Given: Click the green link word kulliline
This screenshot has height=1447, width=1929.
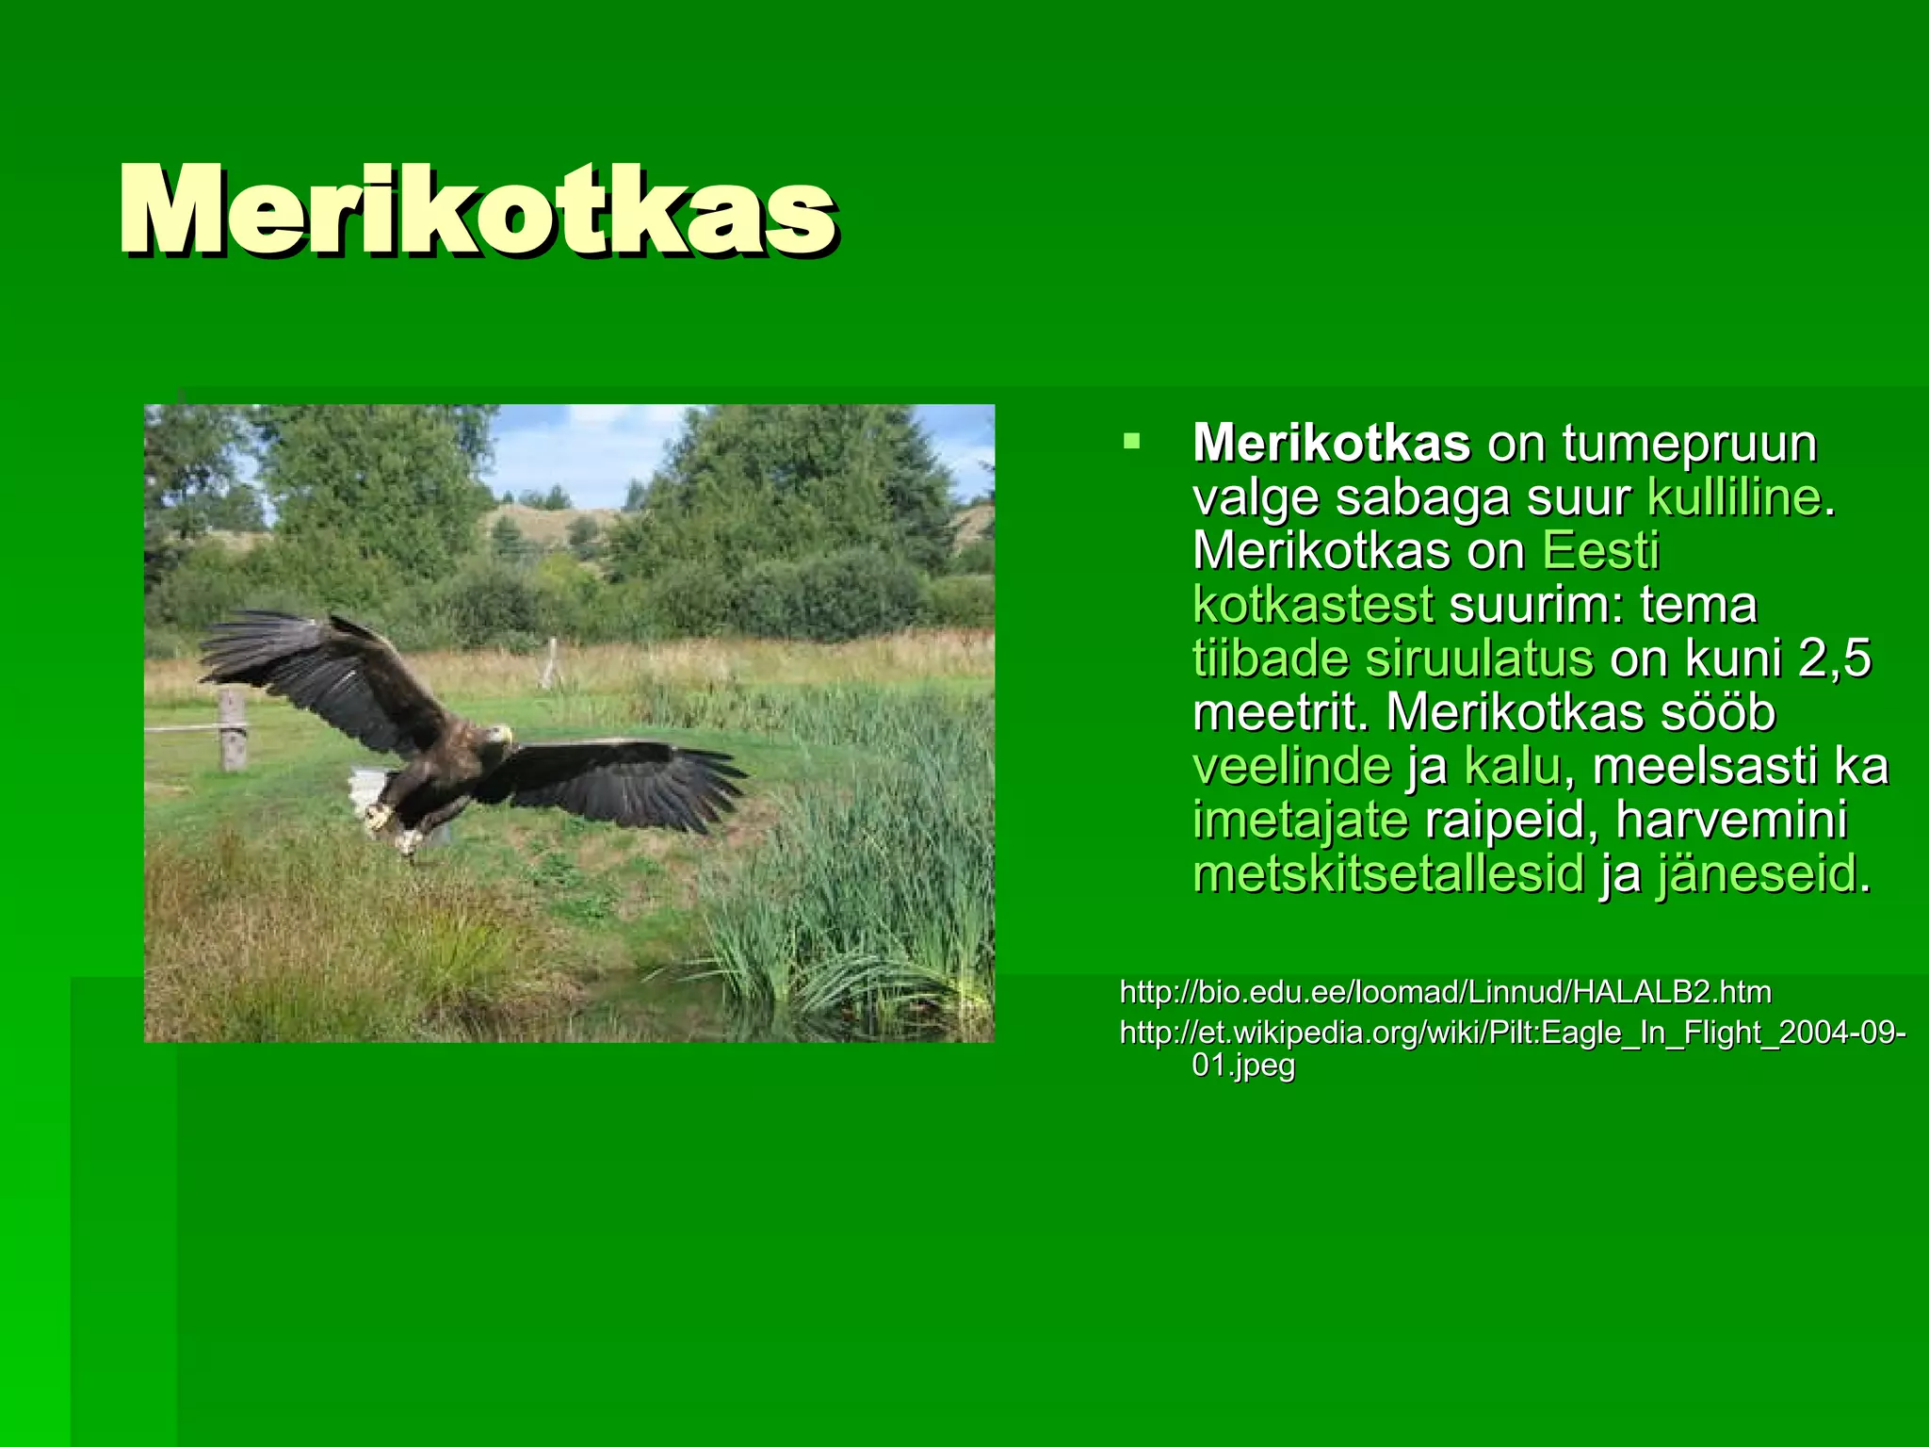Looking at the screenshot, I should (x=1733, y=497).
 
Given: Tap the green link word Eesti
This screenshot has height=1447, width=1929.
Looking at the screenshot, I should (x=1600, y=551).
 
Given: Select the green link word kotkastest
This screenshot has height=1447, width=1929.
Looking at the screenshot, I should (x=1313, y=605).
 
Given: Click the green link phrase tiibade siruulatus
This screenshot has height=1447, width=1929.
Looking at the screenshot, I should (x=1393, y=658).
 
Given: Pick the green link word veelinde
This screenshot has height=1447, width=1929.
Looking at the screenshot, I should (x=1291, y=766).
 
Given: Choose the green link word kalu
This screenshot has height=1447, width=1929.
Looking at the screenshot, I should (x=1513, y=766).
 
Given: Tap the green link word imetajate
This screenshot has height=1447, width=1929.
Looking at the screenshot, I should (x=1301, y=820).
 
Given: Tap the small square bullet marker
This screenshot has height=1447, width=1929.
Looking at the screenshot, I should (x=1131, y=440).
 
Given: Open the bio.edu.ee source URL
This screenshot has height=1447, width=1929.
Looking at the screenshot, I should (x=1445, y=992).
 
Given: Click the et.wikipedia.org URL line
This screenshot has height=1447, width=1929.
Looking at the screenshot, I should (x=1512, y=1033).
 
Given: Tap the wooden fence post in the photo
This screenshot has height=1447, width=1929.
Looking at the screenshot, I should (x=233, y=729).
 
